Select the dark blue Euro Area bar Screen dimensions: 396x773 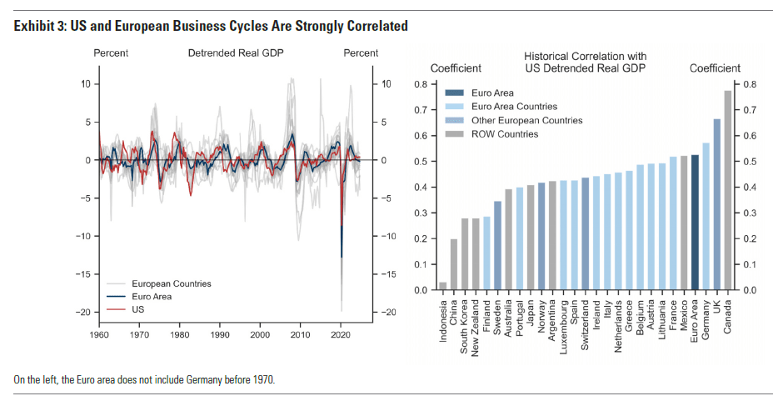695,223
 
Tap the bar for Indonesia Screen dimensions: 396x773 443,287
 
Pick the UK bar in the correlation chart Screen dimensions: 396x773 716,204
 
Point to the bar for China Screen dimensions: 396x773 454,265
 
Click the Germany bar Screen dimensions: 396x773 706,217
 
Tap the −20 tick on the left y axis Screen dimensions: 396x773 83,312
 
